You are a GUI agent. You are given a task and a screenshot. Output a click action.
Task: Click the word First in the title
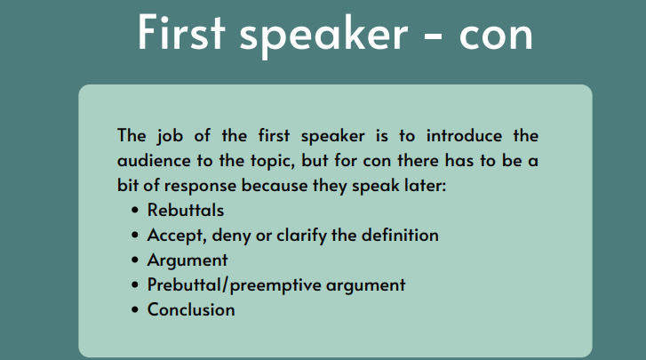coord(181,32)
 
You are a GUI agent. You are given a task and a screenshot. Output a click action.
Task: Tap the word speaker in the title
coord(323,36)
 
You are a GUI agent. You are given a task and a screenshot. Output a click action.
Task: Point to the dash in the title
coord(433,36)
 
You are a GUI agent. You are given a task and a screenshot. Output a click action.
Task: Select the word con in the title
coord(496,36)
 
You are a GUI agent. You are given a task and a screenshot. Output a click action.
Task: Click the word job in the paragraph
coord(170,136)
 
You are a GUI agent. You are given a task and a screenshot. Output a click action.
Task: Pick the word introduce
coord(464,136)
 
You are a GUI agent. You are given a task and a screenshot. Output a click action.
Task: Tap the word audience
coord(154,161)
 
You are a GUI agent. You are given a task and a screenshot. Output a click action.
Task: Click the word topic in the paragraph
coord(273,162)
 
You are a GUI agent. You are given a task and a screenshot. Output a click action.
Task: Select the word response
coord(200,187)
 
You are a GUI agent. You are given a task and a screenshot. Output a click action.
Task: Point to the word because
coord(275,186)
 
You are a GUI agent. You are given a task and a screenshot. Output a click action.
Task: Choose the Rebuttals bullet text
coord(186,211)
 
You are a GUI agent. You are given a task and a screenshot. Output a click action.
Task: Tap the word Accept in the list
coord(176,236)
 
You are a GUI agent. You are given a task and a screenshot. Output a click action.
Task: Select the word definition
coord(400,236)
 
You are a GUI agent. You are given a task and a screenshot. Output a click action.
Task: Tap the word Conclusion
coord(191,309)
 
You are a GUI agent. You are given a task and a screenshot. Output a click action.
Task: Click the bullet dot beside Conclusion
coord(135,309)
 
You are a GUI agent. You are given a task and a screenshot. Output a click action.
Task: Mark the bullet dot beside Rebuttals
coord(135,211)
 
